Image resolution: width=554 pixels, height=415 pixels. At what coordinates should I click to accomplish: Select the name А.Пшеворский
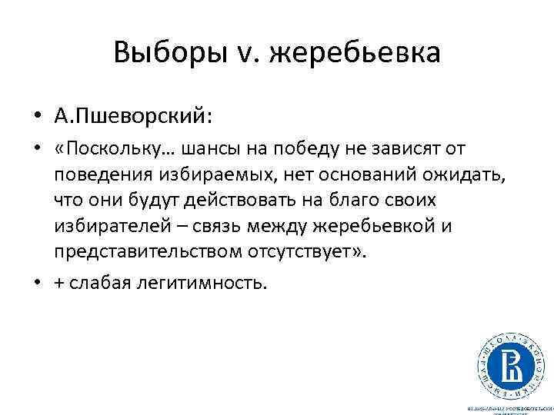pos(130,116)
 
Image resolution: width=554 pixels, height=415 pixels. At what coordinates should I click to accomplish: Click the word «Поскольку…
pos(104,148)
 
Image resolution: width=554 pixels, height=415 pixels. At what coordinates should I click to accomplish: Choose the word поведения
pos(101,174)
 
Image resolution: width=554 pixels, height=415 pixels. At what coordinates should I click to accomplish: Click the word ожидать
pos(467,174)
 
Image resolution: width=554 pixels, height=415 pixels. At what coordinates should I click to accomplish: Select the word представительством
pos(148,253)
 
